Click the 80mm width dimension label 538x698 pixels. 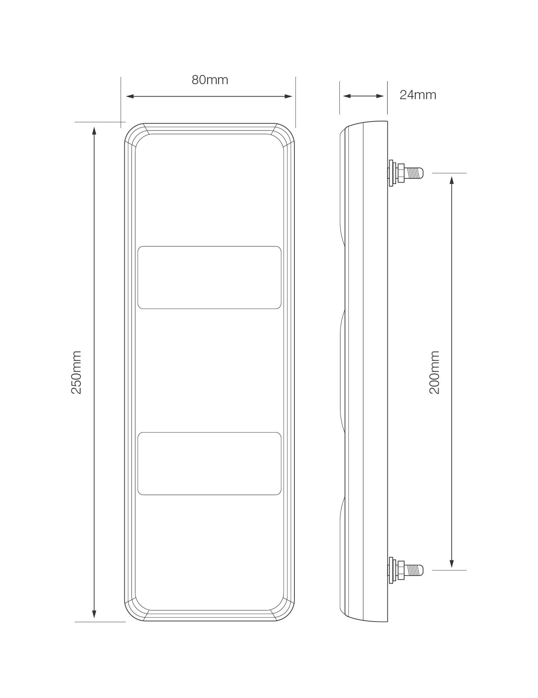(x=210, y=80)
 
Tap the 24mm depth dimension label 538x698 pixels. (x=418, y=95)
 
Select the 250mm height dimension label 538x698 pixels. (x=76, y=372)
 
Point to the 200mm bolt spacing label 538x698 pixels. (x=434, y=372)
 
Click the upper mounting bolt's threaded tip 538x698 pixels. (x=416, y=172)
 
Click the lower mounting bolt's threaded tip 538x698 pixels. (x=416, y=570)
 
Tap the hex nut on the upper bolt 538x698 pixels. (x=400, y=173)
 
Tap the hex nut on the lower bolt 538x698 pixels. (x=400, y=570)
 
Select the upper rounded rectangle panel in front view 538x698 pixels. (x=209, y=277)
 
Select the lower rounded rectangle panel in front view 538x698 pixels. (x=209, y=464)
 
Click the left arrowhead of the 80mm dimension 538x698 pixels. (x=129, y=96)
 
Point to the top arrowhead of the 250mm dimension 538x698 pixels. (x=94, y=130)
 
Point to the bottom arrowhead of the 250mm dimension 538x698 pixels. (x=94, y=614)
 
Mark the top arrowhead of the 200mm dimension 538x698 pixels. (x=452, y=180)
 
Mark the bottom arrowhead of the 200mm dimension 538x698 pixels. (x=452, y=564)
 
